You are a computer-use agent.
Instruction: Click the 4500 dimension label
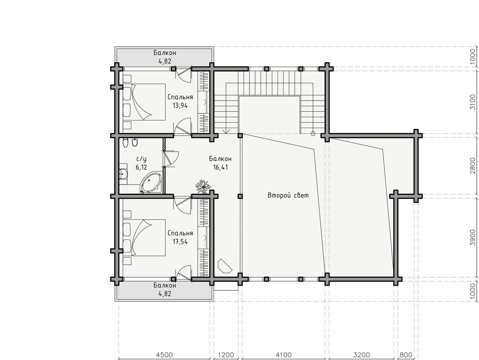164,355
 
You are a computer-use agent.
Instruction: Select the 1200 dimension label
226,355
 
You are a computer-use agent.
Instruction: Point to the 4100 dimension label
284,355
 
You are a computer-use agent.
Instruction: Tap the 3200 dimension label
361,355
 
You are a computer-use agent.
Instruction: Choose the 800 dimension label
406,355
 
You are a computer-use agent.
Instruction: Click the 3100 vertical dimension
472,102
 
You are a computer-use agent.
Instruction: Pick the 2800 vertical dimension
472,166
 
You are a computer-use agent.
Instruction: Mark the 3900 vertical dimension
472,238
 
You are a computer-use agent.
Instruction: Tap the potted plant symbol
203,186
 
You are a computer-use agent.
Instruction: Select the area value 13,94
180,106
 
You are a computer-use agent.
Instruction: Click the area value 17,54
180,242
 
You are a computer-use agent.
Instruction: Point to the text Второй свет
288,195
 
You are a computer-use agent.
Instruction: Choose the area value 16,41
220,167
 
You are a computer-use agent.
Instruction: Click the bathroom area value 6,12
141,167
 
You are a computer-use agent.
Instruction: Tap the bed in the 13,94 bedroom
144,102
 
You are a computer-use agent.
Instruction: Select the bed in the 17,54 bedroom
144,238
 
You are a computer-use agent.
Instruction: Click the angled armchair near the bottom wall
225,266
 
